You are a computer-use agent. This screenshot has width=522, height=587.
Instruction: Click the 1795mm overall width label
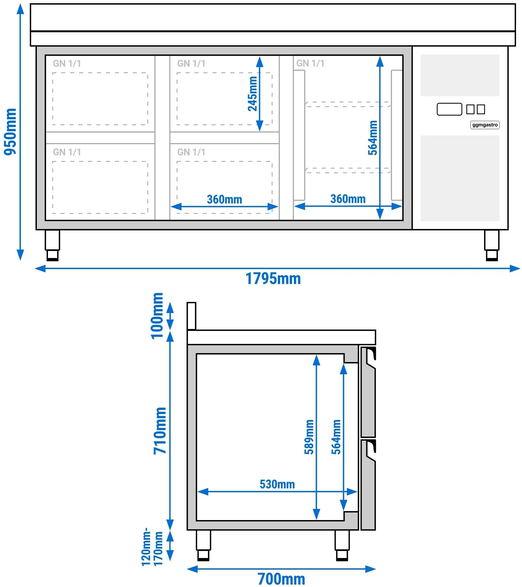click(273, 279)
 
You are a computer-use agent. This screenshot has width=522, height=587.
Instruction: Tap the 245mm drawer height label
click(252, 93)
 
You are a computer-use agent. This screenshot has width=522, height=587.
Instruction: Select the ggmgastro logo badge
click(485, 125)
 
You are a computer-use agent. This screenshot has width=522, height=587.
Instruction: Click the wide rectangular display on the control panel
click(449, 109)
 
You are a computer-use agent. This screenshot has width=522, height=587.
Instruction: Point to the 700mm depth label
click(281, 579)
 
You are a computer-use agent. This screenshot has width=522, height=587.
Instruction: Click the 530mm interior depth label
click(277, 484)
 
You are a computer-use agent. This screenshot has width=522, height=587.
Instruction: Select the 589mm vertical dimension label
click(309, 437)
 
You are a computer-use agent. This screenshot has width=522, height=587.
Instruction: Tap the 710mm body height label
click(160, 431)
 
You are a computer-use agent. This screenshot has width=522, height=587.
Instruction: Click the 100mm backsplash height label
click(157, 316)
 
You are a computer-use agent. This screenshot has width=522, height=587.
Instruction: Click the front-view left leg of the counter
click(53, 245)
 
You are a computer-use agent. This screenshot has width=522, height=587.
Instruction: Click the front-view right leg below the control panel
click(492, 245)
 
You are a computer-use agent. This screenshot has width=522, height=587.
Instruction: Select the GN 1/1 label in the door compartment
click(310, 63)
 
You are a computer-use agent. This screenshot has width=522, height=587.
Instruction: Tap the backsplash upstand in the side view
click(192, 316)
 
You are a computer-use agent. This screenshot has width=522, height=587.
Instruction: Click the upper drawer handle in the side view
click(370, 357)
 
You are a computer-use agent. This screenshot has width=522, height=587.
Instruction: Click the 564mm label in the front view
click(372, 138)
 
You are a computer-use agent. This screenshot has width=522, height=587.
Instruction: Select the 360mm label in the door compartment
click(348, 199)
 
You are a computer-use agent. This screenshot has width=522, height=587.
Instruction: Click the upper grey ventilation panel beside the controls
click(460, 75)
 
